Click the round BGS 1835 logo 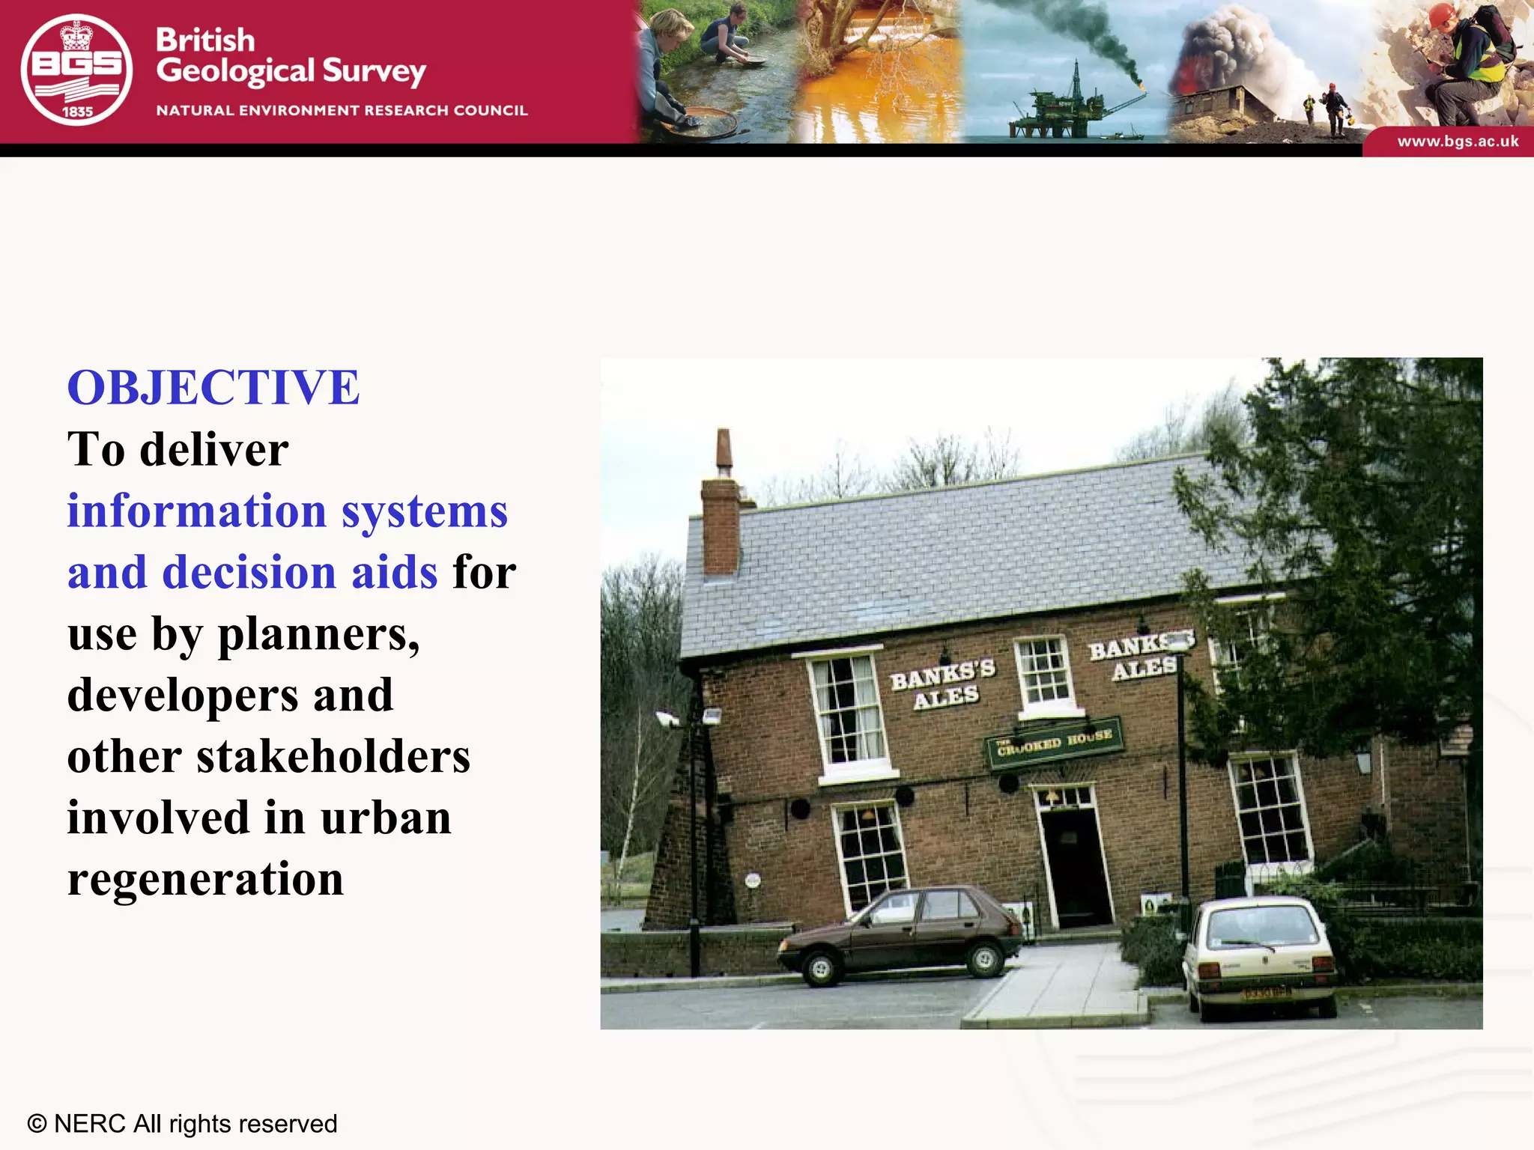76,70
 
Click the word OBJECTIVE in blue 213,388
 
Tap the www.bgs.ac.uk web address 1458,142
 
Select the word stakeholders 333,756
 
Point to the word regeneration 205,879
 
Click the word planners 318,635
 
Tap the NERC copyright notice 182,1124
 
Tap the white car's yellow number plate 1267,994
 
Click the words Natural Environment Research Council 342,111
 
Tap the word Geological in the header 235,72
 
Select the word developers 184,695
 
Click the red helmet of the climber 1442,14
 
